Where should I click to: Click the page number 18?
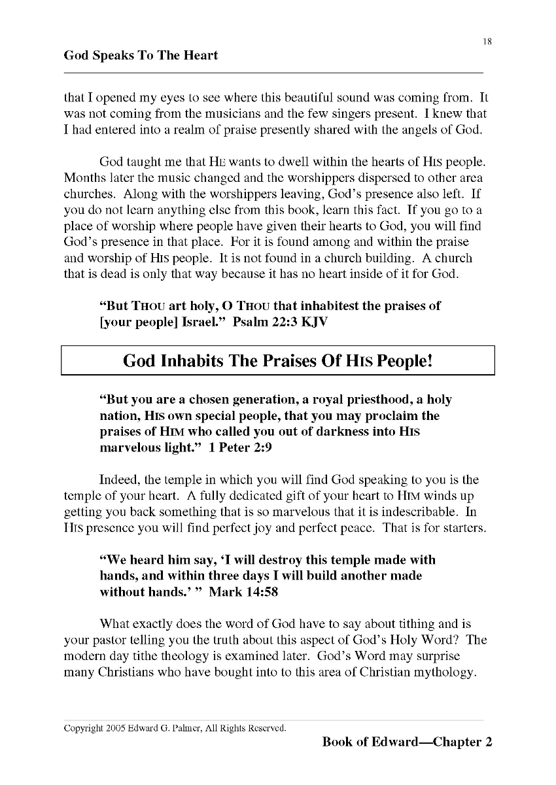[x=487, y=42]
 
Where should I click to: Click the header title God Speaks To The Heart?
[x=141, y=56]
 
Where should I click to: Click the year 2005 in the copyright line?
[x=116, y=727]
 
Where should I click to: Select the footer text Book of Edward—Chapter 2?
[x=407, y=742]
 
